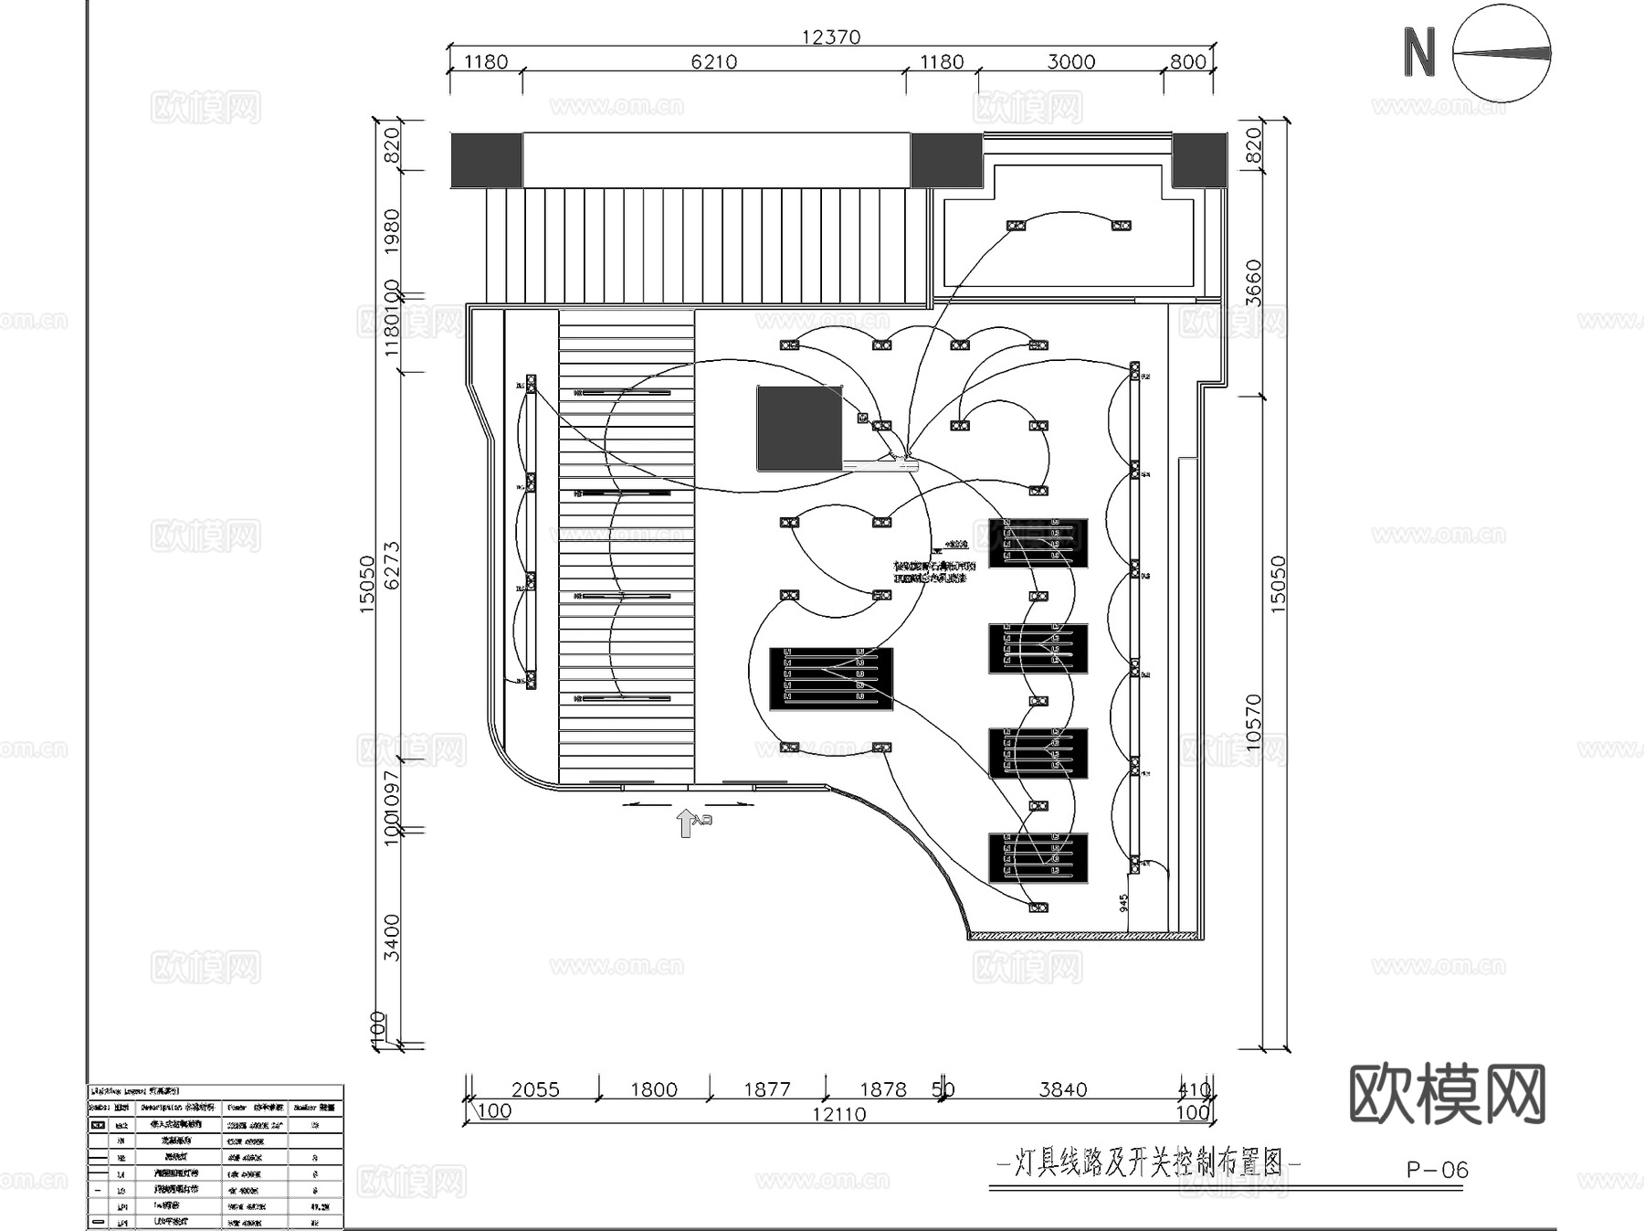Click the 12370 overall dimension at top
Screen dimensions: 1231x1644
coord(830,37)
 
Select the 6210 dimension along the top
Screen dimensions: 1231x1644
coord(713,61)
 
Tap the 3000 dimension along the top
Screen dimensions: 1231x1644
coord(1070,61)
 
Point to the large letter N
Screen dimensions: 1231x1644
coord(1418,53)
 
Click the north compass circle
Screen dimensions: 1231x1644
coord(1502,53)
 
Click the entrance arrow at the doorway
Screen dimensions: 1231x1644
coord(686,822)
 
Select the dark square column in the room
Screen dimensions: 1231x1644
coord(799,428)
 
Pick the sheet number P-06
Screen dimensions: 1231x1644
coord(1437,1170)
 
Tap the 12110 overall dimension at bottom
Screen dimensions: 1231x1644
coord(838,1114)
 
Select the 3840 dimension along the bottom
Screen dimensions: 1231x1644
coord(1062,1089)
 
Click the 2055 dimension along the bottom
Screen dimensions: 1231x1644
coord(535,1089)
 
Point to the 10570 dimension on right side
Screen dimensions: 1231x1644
coord(1253,722)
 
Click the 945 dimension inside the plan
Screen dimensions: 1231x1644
coord(1123,903)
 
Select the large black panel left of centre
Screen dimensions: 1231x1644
coord(830,679)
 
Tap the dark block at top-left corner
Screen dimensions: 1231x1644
coord(486,161)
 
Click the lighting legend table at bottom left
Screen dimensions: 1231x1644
coord(216,1156)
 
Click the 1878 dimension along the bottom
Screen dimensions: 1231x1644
coord(882,1089)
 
